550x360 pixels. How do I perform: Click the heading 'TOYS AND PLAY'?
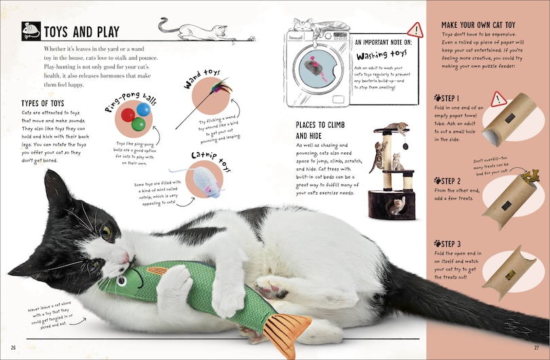pos(81,32)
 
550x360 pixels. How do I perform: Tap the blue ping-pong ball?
pos(143,109)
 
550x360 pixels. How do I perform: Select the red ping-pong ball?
pos(128,115)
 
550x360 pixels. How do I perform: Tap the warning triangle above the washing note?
pos(414,29)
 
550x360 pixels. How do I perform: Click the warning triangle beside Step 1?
pos(498,100)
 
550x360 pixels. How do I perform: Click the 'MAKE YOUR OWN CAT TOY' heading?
pos(478,25)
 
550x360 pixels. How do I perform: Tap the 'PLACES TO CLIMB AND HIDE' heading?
pos(320,130)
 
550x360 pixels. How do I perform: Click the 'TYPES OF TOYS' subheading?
pos(43,103)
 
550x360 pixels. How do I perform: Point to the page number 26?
pos(13,348)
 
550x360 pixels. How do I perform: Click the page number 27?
pos(536,348)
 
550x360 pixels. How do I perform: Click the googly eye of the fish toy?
pos(122,278)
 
